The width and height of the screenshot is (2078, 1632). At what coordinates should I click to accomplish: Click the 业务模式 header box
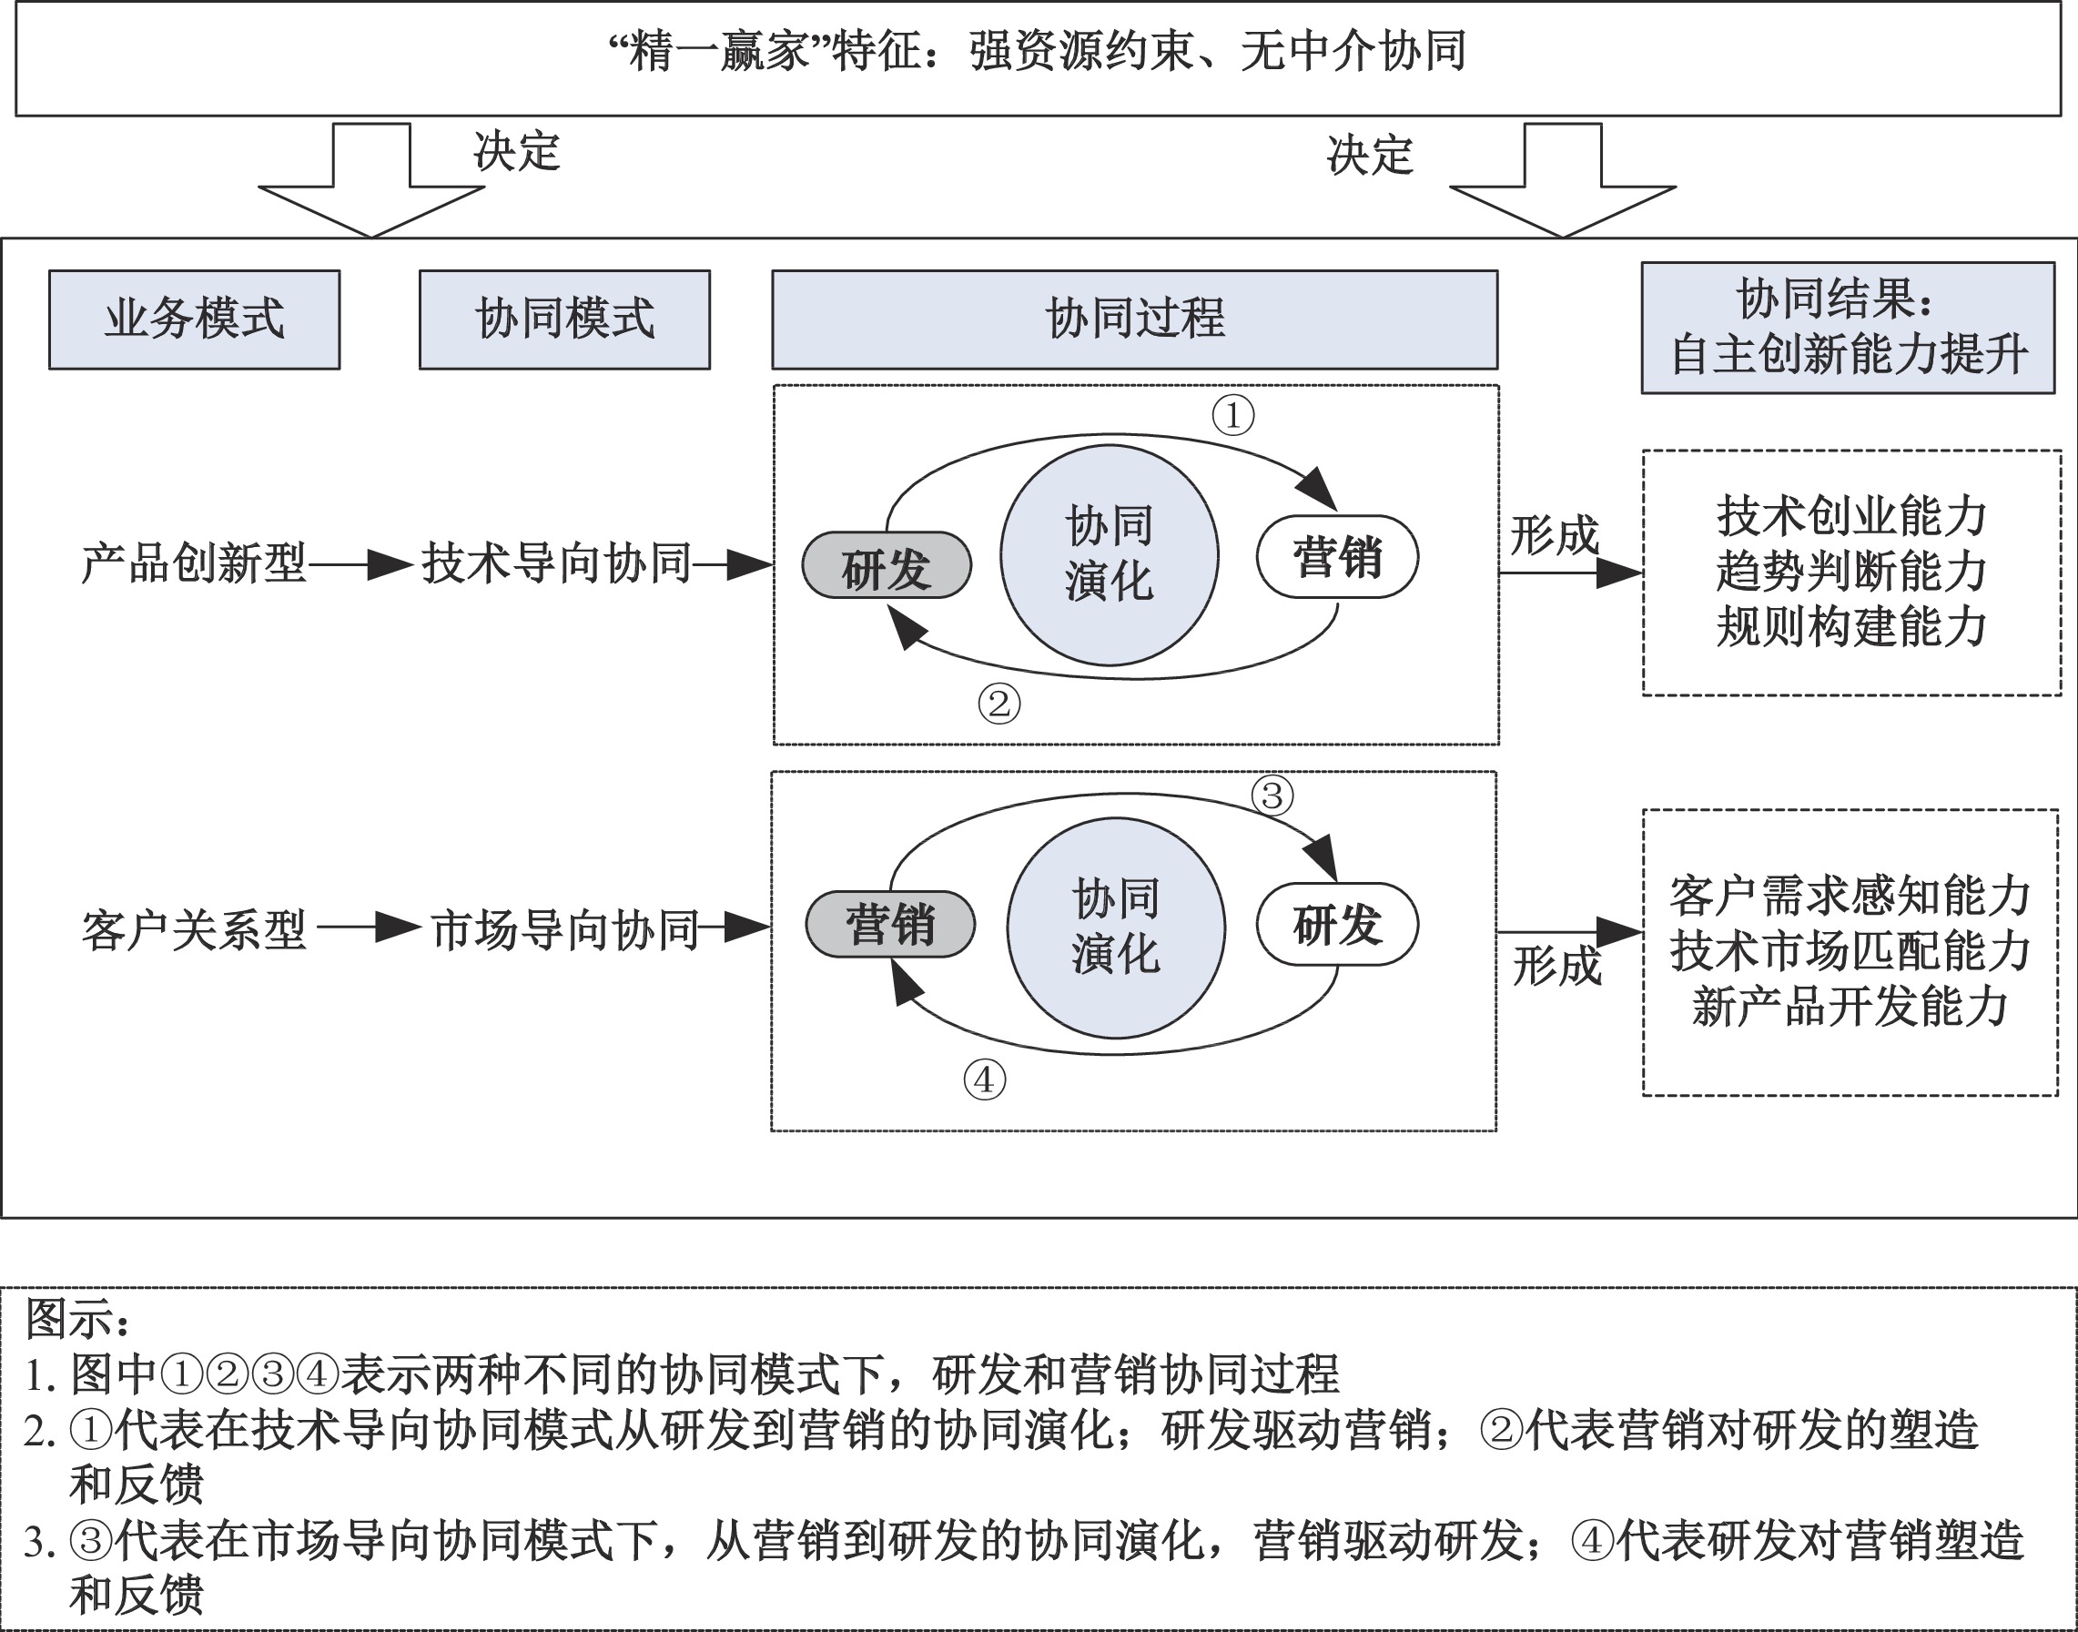pos(194,319)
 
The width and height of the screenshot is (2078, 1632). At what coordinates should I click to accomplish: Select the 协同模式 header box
pos(564,319)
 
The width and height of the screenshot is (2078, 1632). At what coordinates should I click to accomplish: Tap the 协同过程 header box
pos(1134,319)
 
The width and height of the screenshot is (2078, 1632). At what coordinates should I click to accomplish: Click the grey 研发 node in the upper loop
pos(886,565)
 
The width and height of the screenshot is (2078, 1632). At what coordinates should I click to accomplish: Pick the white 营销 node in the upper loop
pos(1336,557)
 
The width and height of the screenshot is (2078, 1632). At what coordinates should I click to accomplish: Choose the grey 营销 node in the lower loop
pos(889,925)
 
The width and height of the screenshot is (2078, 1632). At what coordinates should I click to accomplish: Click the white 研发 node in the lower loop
pos(1336,925)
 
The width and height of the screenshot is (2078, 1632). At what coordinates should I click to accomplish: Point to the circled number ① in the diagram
pos(1232,416)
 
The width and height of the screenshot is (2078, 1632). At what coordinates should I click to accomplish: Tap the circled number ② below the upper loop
pos(998,704)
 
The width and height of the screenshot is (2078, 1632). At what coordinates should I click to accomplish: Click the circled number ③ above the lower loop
pos(1272,795)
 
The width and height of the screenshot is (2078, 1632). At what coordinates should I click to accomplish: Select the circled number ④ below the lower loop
pos(984,1080)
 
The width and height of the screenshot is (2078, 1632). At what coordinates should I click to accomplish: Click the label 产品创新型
pos(194,563)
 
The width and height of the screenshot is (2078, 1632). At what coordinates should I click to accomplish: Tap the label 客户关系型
pos(194,929)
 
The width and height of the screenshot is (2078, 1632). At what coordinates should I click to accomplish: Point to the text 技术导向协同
pos(556,563)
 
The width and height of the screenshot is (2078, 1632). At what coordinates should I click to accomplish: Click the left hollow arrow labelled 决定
pos(371,181)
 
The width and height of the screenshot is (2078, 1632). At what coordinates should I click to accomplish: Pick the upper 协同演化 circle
pos(1109,555)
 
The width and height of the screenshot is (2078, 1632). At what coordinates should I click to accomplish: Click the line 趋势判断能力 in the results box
pos(1850,573)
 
